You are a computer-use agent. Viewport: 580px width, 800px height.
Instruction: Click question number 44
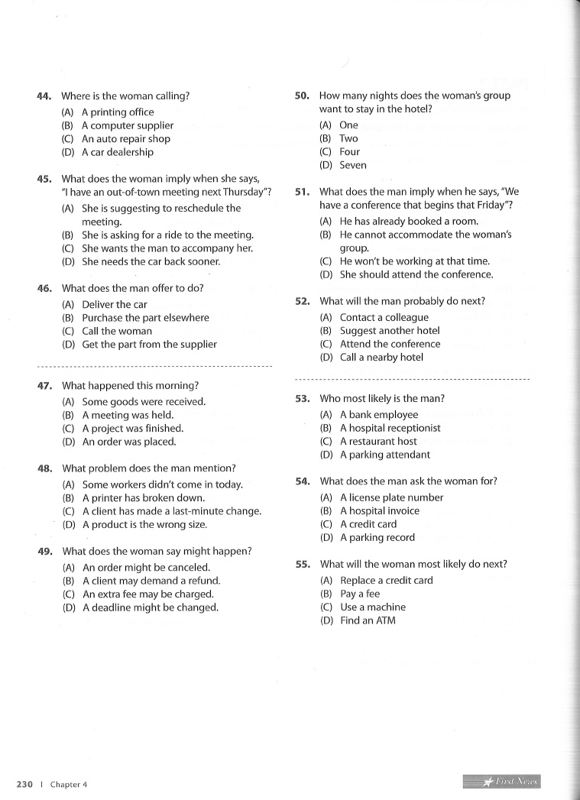(44, 96)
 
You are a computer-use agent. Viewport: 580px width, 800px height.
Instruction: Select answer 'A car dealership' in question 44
(117, 152)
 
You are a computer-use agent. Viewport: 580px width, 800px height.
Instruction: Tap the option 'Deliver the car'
(114, 304)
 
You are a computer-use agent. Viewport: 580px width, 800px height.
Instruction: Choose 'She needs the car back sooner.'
(151, 261)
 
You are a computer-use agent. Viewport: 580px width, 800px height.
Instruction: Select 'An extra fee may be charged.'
(147, 594)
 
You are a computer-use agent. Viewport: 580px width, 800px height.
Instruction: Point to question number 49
(44, 551)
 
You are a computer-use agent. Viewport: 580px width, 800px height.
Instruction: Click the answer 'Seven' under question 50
(352, 165)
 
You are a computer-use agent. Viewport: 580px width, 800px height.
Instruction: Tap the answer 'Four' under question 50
(349, 151)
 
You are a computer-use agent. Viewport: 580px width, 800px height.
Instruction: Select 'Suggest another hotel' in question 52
(390, 331)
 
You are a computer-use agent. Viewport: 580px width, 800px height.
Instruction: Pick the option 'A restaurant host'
(378, 441)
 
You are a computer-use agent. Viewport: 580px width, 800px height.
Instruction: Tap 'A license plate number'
(391, 497)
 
